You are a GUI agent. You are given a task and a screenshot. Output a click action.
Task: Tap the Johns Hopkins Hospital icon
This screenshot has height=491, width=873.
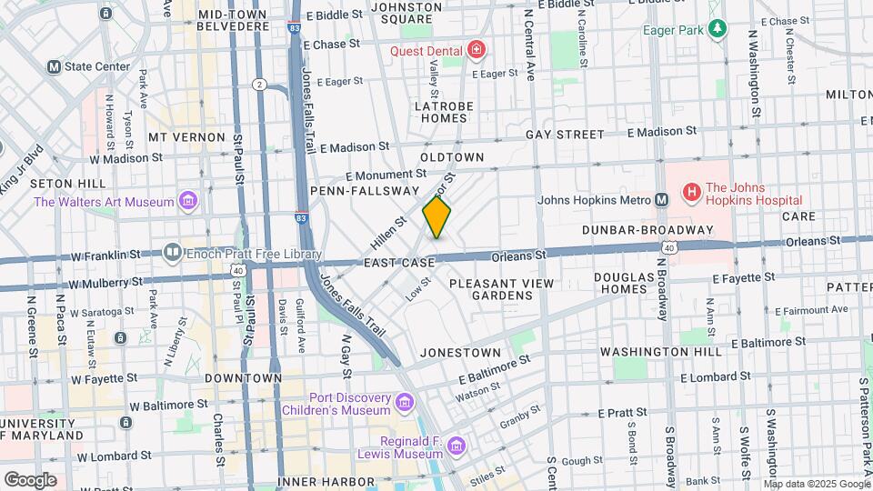click(692, 192)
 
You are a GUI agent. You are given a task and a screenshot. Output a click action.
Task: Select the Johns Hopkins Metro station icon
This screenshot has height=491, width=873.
click(662, 200)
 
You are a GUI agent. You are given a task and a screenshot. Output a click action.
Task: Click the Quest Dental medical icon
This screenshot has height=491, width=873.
click(476, 50)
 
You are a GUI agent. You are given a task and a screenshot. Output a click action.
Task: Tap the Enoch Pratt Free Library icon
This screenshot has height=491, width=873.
click(172, 251)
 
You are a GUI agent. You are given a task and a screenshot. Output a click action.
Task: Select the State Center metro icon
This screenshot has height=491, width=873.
click(54, 66)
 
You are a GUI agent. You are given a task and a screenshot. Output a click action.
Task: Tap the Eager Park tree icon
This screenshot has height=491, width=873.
click(718, 29)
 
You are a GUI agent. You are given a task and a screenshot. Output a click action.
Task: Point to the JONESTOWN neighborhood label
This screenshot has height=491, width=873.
click(460, 352)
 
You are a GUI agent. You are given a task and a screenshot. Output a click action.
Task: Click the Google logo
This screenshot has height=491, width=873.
click(30, 479)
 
